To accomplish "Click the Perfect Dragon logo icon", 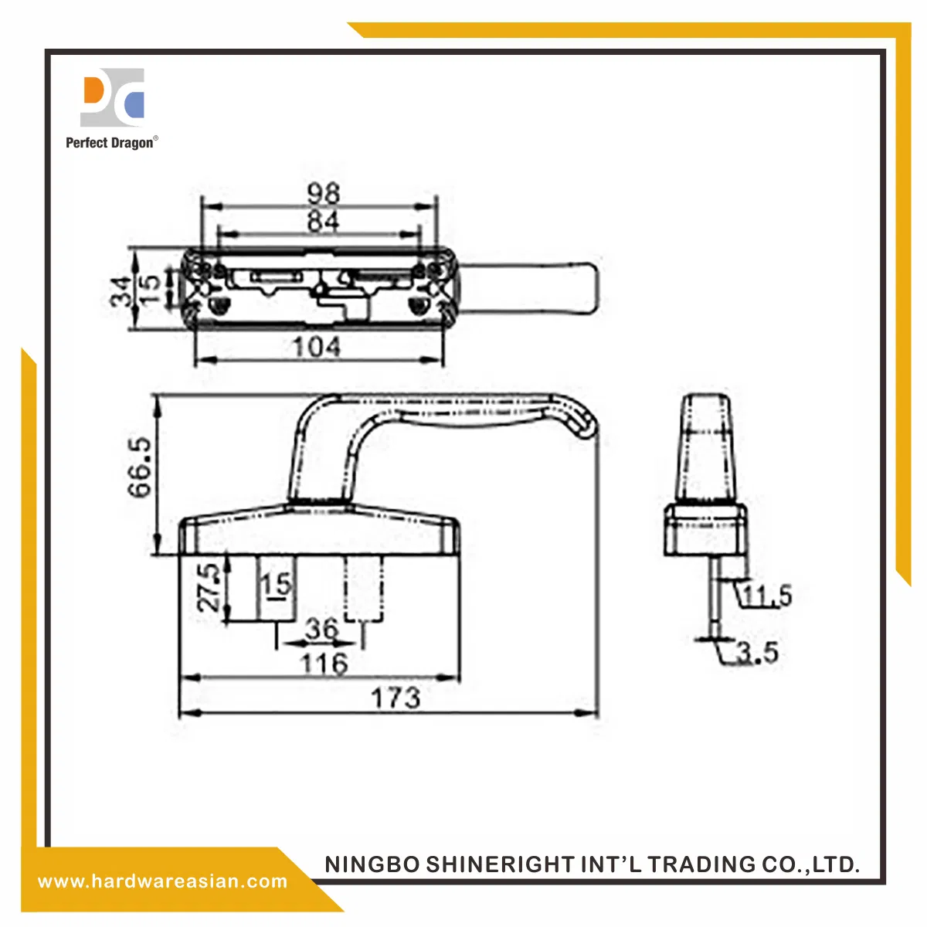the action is click(x=112, y=97).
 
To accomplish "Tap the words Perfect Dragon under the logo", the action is click(x=110, y=143).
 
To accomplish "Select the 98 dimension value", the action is click(x=324, y=194).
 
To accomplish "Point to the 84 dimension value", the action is click(x=323, y=221).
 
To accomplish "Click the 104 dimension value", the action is click(x=317, y=347).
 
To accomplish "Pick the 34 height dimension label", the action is click(x=121, y=291).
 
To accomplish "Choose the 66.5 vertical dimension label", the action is click(x=140, y=467).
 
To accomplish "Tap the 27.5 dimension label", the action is click(x=209, y=587).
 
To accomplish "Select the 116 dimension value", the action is click(x=324, y=664).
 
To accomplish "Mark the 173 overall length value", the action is click(x=396, y=698).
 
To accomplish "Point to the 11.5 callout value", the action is click(x=767, y=596).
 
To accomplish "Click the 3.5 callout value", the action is click(x=758, y=653).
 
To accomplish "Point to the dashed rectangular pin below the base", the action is click(x=364, y=589).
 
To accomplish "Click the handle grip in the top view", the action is click(x=529, y=287).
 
